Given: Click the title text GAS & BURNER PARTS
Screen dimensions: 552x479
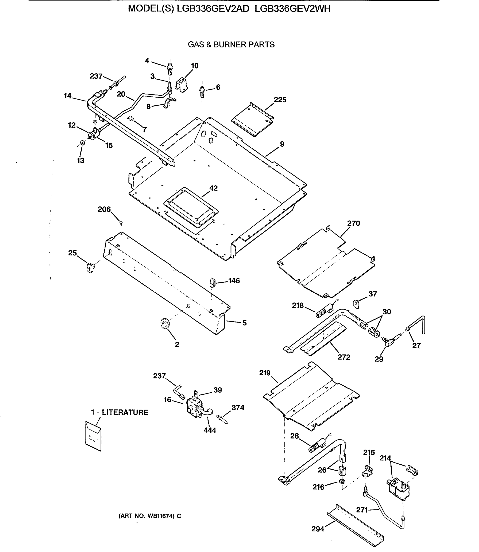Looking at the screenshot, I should [231, 45].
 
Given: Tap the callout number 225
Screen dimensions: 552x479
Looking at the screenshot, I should [280, 100].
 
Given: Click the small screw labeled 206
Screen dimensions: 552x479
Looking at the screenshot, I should [121, 223].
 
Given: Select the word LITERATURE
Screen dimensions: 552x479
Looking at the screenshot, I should [125, 412].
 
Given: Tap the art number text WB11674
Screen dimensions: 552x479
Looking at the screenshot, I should [159, 516].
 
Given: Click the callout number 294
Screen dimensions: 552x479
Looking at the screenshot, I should [318, 529].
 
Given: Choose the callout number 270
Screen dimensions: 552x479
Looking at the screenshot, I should [353, 223].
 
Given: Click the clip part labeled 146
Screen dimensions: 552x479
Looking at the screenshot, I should [213, 282].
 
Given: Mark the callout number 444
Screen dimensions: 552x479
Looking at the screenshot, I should [210, 430].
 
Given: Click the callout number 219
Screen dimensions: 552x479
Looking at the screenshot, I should [265, 373].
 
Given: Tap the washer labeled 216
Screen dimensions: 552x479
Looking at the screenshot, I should [342, 481].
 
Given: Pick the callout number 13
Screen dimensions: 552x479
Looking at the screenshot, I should [80, 161].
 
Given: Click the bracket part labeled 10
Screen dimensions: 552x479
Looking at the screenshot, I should [182, 85].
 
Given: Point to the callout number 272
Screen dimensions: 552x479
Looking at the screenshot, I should [344, 357].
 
